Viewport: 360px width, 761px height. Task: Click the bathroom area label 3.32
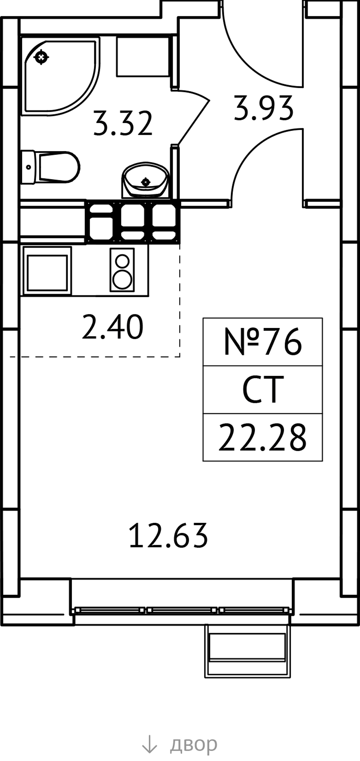pyautogui.click(x=123, y=124)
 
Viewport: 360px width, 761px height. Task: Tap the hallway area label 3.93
pyautogui.click(x=264, y=108)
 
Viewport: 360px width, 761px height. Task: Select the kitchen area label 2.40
pyautogui.click(x=113, y=327)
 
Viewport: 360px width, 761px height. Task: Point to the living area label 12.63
pyautogui.click(x=169, y=535)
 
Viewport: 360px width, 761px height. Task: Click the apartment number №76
pyautogui.click(x=263, y=342)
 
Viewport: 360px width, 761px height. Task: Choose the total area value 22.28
pyautogui.click(x=263, y=437)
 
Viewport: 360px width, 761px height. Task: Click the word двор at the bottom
pyautogui.click(x=194, y=745)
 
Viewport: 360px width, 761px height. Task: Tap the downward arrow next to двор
pyautogui.click(x=150, y=744)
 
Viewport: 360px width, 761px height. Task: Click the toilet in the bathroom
pyautogui.click(x=50, y=167)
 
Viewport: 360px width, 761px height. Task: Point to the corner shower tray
pyautogui.click(x=60, y=76)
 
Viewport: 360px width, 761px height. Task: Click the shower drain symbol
pyautogui.click(x=41, y=57)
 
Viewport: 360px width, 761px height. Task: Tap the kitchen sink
pyautogui.click(x=47, y=271)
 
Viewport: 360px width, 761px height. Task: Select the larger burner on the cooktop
pyautogui.click(x=122, y=280)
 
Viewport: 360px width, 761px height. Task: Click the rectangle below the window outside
pyautogui.click(x=247, y=651)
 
